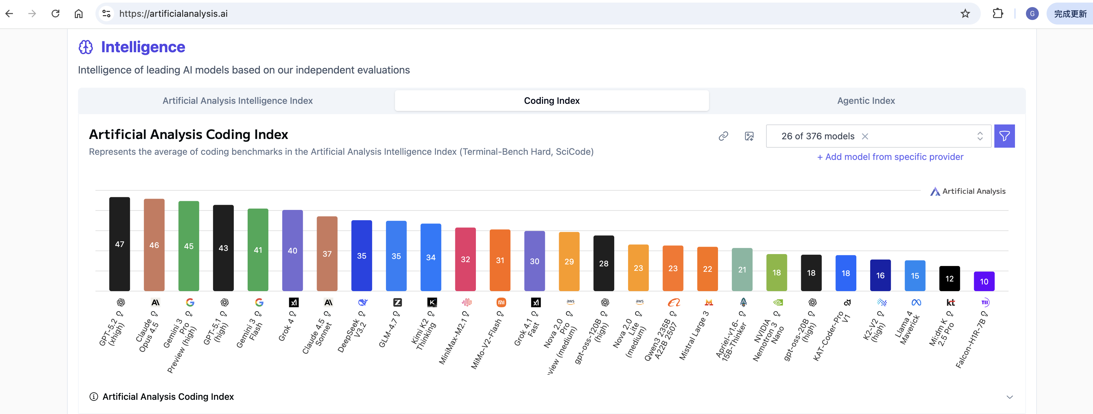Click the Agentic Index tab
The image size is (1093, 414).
click(866, 101)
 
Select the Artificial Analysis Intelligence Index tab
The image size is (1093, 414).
click(237, 101)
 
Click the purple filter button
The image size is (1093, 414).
click(1004, 136)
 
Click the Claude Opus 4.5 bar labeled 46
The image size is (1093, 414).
click(154, 245)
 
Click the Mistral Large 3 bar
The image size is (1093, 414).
click(707, 269)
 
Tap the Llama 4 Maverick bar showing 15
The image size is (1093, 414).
click(915, 276)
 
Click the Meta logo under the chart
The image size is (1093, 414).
click(916, 302)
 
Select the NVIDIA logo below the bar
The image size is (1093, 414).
click(778, 302)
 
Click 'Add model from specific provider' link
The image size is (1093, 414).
click(890, 157)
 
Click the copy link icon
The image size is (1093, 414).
click(723, 136)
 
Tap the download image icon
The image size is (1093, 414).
click(749, 136)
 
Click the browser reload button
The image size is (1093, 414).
click(55, 14)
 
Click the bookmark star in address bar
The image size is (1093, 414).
click(965, 14)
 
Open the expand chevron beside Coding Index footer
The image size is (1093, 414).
click(1009, 397)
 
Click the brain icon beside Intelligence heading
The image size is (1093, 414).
click(86, 47)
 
